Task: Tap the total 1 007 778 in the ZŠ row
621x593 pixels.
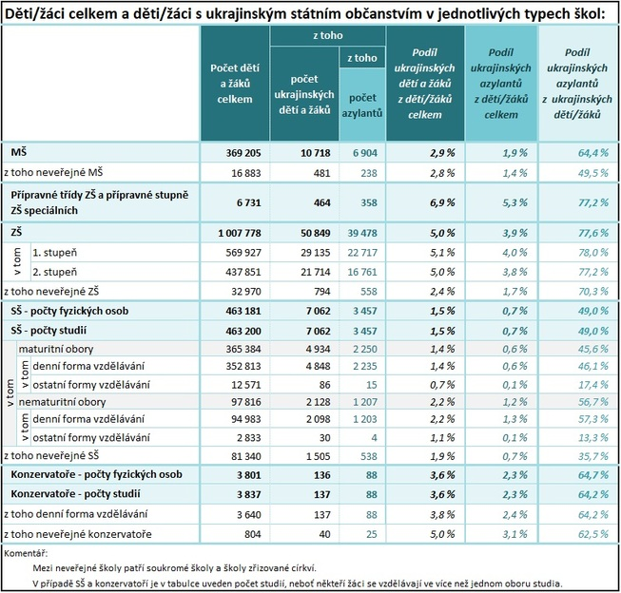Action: [x=235, y=233]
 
